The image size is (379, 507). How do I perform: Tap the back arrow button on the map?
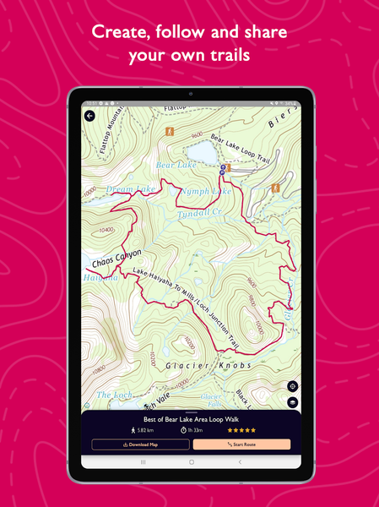coord(89,117)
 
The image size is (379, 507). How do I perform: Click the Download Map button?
coord(140,444)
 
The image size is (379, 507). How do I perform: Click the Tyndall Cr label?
coord(199,215)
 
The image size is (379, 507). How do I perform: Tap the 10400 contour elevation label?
coord(107,230)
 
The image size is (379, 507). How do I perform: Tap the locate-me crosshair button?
coord(292,384)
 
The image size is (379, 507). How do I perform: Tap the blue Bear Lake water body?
coord(202,151)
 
